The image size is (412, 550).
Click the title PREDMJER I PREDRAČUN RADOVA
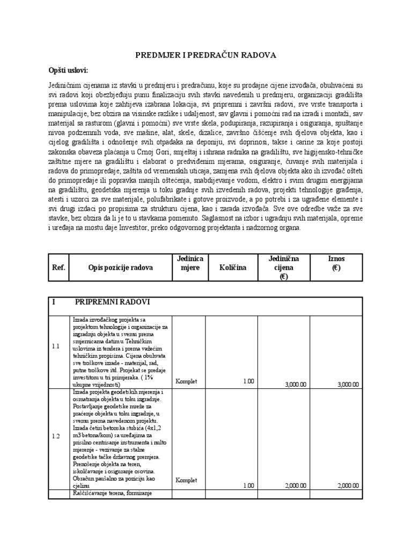point(206,55)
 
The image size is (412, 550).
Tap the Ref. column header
point(58,267)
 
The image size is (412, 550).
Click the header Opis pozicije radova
point(118,267)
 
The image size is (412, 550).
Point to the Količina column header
point(232,267)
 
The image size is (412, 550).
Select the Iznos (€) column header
point(336,263)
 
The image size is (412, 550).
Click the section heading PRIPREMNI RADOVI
point(113,302)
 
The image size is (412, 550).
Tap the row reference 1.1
point(56,346)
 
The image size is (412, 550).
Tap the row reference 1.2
point(56,436)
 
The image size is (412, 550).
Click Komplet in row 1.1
point(186,381)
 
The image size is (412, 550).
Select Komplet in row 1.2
point(186,480)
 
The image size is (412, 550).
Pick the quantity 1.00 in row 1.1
point(248,381)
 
